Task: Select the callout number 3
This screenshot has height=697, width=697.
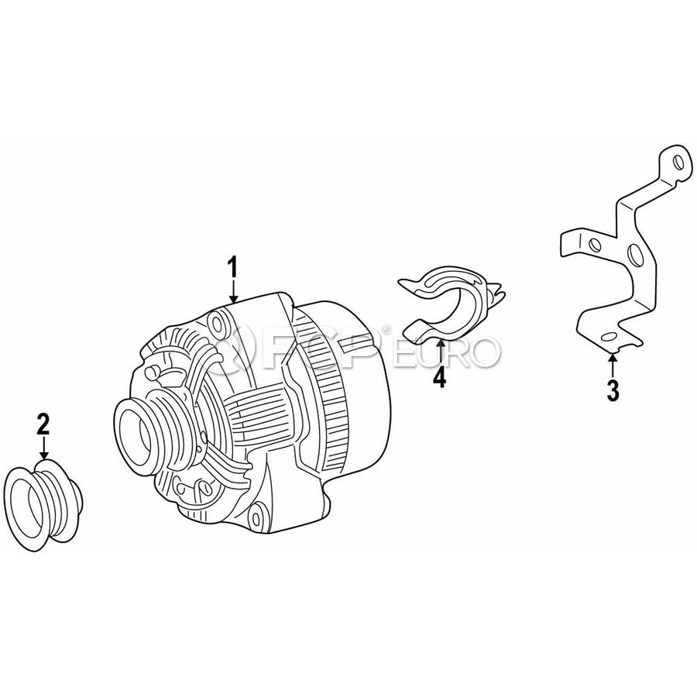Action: (613, 391)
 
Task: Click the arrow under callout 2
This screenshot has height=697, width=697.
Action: (43, 448)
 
